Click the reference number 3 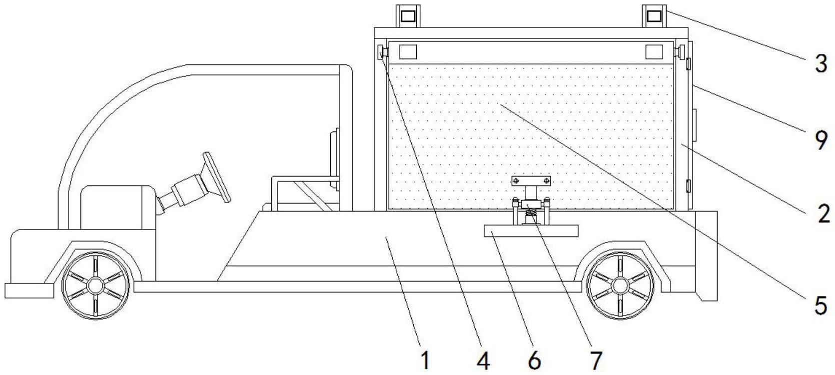tap(821, 64)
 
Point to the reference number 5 tap(821, 305)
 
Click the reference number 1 tap(425, 360)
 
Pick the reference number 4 tap(483, 360)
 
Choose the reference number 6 tap(534, 360)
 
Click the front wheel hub tap(95, 285)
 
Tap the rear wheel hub tap(620, 285)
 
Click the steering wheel tap(216, 177)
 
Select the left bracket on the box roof tap(408, 15)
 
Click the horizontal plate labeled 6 tap(531, 230)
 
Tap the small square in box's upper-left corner tap(408, 51)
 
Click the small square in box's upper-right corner tap(654, 51)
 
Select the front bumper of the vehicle tap(29, 290)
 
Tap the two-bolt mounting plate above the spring tap(531, 180)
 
